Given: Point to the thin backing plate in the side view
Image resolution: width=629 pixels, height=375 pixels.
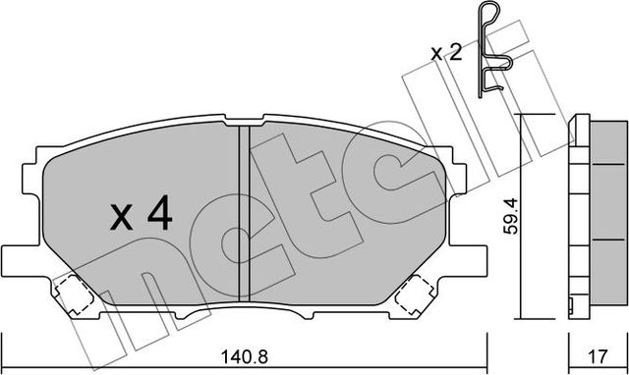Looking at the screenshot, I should (576, 216).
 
